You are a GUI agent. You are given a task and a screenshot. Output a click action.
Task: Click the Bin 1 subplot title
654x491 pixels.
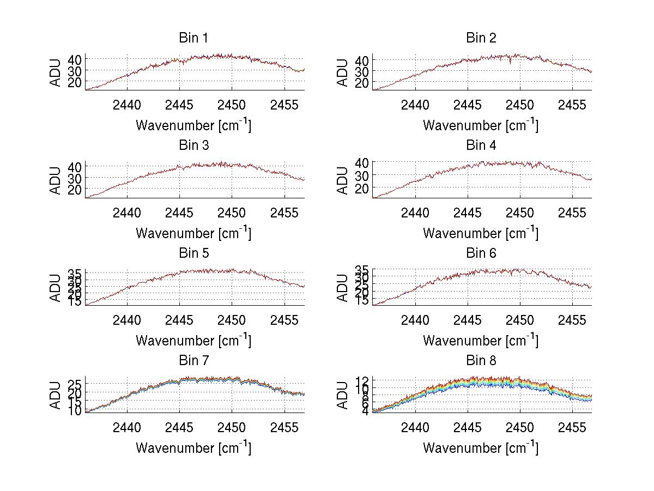click(x=193, y=38)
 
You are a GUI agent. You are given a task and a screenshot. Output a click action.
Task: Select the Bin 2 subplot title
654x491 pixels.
click(x=481, y=38)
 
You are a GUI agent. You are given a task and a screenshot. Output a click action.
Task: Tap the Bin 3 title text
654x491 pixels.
click(x=193, y=146)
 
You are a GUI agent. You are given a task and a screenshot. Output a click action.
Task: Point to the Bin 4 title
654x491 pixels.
click(x=481, y=146)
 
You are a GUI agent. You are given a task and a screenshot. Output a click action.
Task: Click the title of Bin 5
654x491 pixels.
click(x=193, y=253)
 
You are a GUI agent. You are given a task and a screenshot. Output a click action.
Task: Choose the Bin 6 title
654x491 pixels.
click(x=481, y=253)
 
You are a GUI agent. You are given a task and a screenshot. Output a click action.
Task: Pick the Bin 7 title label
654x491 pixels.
click(x=193, y=361)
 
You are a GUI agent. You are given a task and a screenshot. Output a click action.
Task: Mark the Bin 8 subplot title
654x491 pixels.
click(x=481, y=361)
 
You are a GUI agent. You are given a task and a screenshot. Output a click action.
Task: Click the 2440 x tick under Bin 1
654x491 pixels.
click(x=128, y=105)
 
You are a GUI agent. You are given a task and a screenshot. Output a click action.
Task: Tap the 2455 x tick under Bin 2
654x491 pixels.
click(x=572, y=105)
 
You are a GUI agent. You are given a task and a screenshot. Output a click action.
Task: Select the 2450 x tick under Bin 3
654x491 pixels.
click(x=232, y=213)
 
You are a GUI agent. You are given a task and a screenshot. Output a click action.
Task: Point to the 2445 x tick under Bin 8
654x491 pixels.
click(x=468, y=427)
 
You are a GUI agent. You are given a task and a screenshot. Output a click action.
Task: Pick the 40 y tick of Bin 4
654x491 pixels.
click(x=362, y=162)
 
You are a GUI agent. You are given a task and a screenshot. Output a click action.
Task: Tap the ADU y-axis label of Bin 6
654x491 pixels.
click(x=342, y=288)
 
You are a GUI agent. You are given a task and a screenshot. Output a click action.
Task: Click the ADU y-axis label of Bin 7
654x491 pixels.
click(x=55, y=395)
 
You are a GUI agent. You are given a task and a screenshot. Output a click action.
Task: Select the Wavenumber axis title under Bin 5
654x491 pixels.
click(x=193, y=341)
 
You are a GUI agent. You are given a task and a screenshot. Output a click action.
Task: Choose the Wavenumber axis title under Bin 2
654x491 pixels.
click(x=481, y=125)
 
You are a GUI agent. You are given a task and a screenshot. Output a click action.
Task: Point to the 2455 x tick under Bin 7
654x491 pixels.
click(x=284, y=427)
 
